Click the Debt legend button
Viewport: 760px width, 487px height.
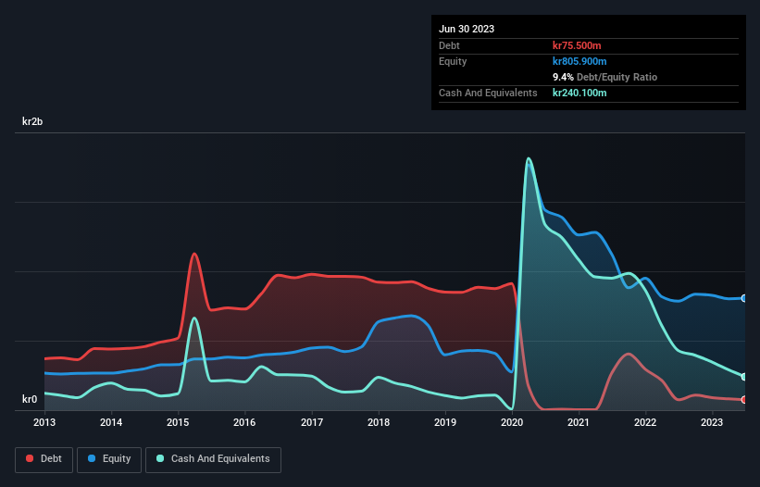pos(44,459)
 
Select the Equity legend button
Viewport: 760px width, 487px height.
pos(110,459)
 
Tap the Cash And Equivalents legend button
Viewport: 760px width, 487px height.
pos(213,459)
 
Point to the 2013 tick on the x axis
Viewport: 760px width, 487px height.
pos(44,422)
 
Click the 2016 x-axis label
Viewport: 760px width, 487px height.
pos(244,422)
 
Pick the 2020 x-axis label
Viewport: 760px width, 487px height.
pos(512,422)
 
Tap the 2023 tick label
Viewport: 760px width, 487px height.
pos(712,422)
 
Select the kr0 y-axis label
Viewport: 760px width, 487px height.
pos(30,400)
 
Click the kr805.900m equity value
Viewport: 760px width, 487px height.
pos(580,61)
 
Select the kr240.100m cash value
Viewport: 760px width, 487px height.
pos(580,93)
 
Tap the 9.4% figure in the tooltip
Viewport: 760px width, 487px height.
pos(564,77)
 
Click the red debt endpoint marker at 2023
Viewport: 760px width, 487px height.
pos(744,400)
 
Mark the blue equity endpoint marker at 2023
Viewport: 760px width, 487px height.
pos(744,298)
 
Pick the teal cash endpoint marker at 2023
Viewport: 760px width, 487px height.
pos(744,377)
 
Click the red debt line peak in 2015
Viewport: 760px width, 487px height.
pos(194,254)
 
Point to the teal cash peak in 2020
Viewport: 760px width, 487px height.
pos(529,158)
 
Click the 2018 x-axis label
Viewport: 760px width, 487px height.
pos(379,422)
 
